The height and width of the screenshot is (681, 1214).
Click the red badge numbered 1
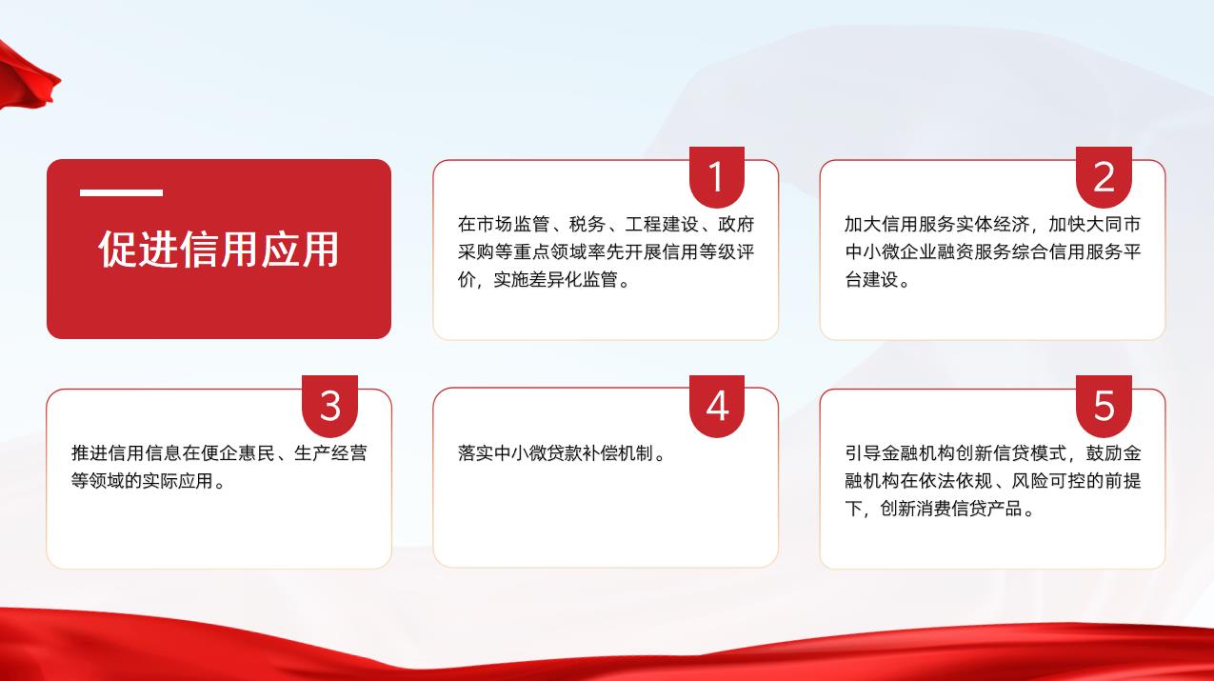(x=716, y=177)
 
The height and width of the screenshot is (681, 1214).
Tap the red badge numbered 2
(x=1104, y=177)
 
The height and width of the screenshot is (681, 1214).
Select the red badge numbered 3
(x=329, y=406)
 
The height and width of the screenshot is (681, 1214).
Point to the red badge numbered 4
(x=716, y=406)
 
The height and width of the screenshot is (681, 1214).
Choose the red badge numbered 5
(x=1104, y=406)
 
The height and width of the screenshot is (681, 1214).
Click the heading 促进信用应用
(x=218, y=250)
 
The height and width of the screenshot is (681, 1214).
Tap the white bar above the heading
(x=122, y=192)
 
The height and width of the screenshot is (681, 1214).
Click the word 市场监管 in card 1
(x=513, y=224)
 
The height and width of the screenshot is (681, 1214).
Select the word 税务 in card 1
(x=587, y=224)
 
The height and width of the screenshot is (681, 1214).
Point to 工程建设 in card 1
(x=662, y=224)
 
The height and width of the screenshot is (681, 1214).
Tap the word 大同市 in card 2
(x=1113, y=224)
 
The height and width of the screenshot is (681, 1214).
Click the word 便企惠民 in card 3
(x=238, y=453)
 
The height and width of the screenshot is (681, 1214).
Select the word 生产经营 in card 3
(x=330, y=453)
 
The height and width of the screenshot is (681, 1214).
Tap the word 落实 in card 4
(x=476, y=453)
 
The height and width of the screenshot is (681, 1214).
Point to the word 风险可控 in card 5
(x=1048, y=481)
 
